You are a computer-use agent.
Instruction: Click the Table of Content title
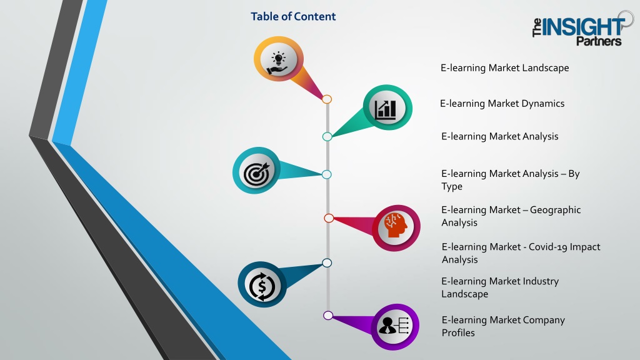coord(293,16)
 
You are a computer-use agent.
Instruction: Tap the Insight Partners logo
coord(583,29)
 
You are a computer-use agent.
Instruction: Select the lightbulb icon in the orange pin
coord(278,63)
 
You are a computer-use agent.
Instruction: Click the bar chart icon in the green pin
coord(386,109)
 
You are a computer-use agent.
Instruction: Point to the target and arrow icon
coord(257,173)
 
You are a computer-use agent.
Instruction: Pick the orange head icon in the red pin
coord(396,225)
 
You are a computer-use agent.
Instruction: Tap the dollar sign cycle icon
coord(262,286)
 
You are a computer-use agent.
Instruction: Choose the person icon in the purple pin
coord(394,326)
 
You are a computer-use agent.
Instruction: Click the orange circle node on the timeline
coord(326,99)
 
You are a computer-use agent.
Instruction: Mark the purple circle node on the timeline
coord(327,315)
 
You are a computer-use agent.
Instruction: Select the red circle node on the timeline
coord(329,218)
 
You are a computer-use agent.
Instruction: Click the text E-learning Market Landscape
coord(504,67)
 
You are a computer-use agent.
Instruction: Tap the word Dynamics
coord(543,104)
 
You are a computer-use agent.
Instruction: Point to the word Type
coord(452,186)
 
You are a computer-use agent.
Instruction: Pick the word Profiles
coord(458,333)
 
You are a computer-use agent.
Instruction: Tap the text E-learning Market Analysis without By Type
coord(499,136)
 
